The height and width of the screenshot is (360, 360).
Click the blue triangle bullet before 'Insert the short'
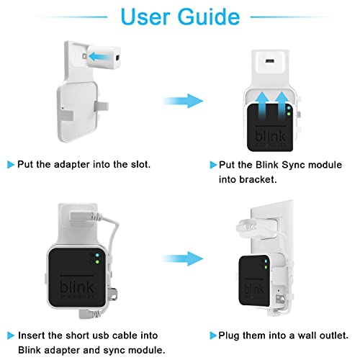[x=12, y=336]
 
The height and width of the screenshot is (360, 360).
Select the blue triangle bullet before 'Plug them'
[x=213, y=336]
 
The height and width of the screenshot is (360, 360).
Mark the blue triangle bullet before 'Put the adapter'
[x=12, y=165]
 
